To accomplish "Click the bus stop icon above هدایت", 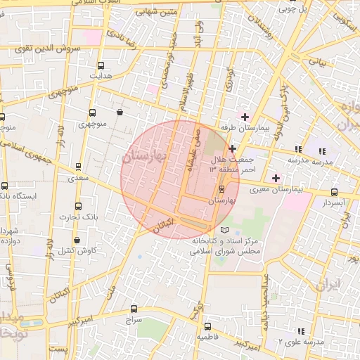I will (x=100, y=65).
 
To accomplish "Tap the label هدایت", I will (x=100, y=75).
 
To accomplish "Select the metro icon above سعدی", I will (x=77, y=167).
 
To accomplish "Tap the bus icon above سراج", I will (x=134, y=309).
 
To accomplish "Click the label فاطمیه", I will (x=208, y=337).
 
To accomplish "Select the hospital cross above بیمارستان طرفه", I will (x=245, y=117).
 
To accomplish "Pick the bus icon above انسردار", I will (x=334, y=192).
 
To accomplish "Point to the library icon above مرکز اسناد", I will (x=224, y=230).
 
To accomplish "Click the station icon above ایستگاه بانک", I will (x=5, y=186).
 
